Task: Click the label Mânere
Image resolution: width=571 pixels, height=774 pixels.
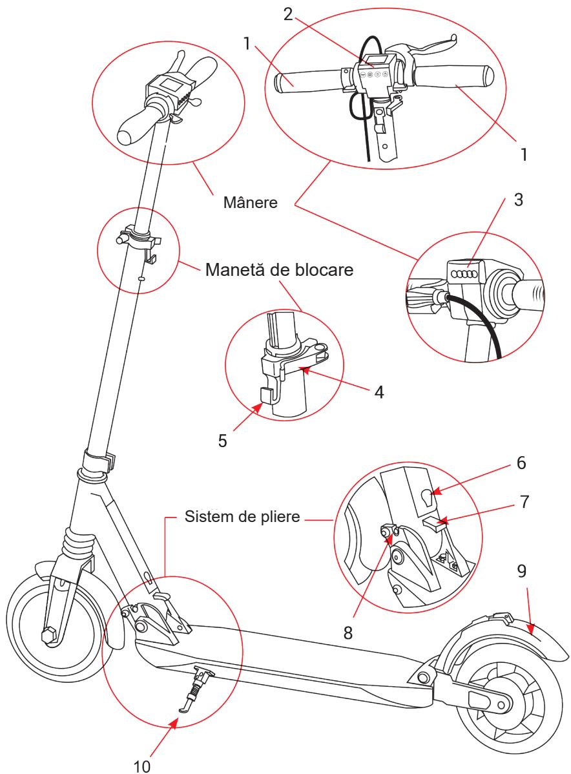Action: [x=250, y=202]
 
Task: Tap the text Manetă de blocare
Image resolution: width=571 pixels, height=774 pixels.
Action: [x=279, y=269]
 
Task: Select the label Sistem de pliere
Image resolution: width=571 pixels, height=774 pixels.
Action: [x=242, y=517]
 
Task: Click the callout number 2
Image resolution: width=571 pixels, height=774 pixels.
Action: [x=288, y=14]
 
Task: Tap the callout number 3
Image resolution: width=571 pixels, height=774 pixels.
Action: [x=518, y=200]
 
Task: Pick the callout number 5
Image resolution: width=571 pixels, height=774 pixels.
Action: [x=223, y=441]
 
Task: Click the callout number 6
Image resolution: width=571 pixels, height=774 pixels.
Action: [x=521, y=463]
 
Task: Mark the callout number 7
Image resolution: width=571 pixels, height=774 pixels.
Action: [x=524, y=502]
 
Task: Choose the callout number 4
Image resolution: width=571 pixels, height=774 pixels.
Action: [x=379, y=392]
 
